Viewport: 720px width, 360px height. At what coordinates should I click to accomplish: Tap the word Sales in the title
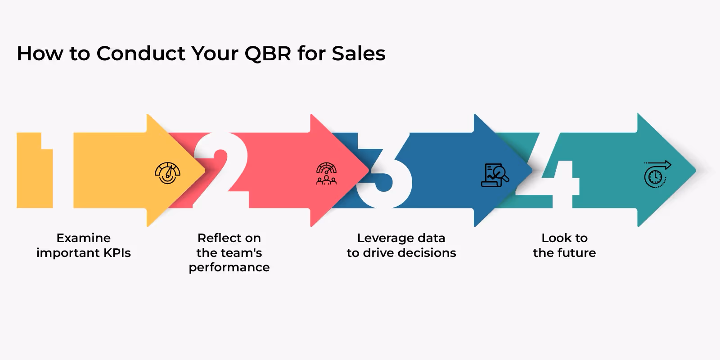pos(359,54)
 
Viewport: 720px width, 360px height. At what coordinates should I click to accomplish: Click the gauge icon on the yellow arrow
pos(167,173)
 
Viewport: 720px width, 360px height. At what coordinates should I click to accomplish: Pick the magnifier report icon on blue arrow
pos(495,175)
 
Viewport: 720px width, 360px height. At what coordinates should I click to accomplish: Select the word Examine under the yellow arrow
pos(83,238)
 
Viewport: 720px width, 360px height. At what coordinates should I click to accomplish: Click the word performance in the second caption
pos(229,267)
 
